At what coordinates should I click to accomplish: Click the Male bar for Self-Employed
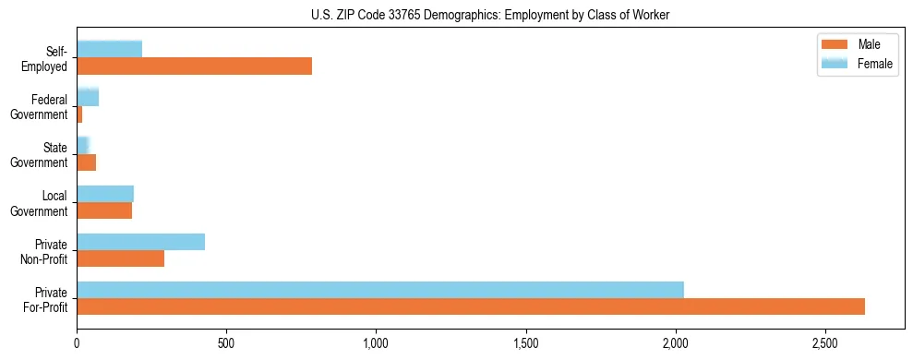tap(194, 66)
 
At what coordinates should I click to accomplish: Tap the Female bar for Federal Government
tap(88, 97)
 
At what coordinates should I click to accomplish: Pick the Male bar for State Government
tap(86, 162)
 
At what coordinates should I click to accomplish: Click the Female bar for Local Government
tap(105, 193)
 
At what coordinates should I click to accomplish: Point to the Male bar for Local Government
tap(104, 210)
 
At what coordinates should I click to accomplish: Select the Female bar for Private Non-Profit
tap(140, 241)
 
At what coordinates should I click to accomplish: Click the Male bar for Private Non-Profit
tap(120, 258)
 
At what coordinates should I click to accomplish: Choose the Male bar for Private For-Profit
tap(471, 306)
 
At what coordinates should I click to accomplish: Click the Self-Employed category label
tap(51, 58)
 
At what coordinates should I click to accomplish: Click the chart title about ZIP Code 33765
tap(490, 14)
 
